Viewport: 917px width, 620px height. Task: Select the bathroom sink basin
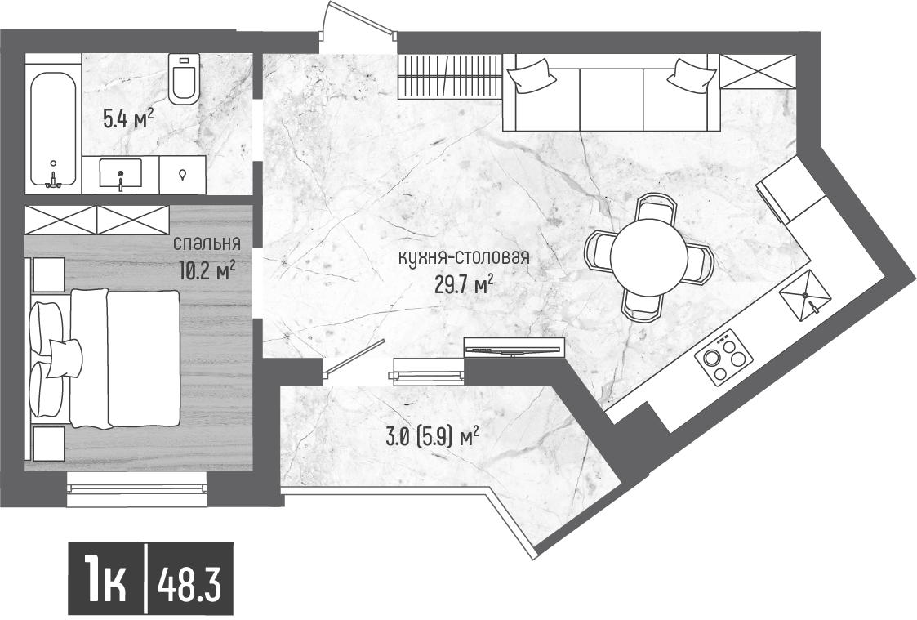coord(121,174)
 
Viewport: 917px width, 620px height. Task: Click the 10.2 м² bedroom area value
coord(208,270)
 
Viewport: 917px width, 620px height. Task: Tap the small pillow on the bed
coord(63,358)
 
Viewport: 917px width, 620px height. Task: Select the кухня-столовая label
coord(463,257)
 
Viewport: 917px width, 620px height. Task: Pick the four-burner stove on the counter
coord(723,356)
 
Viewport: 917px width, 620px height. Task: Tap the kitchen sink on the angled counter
coord(805,295)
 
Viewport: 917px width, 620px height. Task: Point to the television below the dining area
coord(514,347)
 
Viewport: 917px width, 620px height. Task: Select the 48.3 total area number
coord(189,582)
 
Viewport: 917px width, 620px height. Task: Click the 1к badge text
coord(105,582)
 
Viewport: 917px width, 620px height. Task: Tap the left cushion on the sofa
coord(530,76)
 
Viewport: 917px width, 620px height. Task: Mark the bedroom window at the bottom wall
coord(137,483)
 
